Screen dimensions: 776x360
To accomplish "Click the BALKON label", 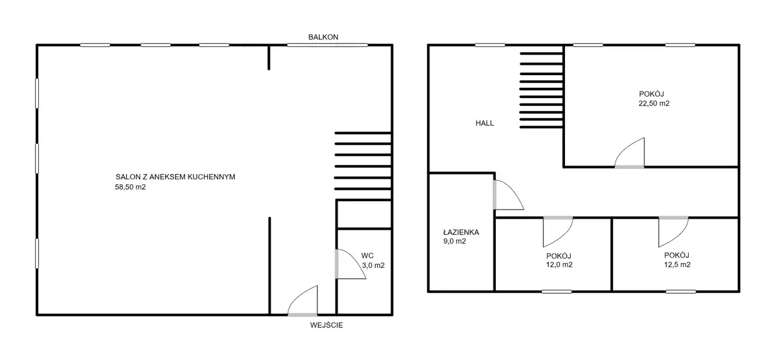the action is (x=323, y=37).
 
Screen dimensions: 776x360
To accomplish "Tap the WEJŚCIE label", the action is (x=326, y=325).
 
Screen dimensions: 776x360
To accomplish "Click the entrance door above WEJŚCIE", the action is (x=303, y=301).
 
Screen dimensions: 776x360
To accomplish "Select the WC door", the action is (x=350, y=264).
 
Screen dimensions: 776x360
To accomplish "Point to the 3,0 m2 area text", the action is (x=373, y=265).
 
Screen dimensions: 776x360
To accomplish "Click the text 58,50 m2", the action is (x=130, y=187).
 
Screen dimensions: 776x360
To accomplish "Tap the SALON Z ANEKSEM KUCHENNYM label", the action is (x=175, y=177).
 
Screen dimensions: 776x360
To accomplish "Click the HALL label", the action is (x=484, y=123).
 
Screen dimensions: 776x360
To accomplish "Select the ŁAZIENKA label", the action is (x=461, y=232).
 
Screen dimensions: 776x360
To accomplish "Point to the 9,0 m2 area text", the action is (x=455, y=241).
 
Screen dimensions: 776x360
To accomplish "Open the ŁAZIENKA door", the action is (x=508, y=195).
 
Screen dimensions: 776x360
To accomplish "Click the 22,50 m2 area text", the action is (x=654, y=104).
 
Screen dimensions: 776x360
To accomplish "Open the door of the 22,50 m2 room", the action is (x=629, y=153).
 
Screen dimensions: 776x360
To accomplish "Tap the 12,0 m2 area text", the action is (x=559, y=265).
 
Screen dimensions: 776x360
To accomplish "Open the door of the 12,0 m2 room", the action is (x=558, y=232).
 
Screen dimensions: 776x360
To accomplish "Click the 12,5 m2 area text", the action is (x=677, y=265).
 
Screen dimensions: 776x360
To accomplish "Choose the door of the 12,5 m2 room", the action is (x=674, y=232).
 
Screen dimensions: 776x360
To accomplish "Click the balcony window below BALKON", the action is (x=327, y=45).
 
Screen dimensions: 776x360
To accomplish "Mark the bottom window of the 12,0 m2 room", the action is (x=557, y=292).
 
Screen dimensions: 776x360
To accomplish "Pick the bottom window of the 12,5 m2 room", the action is (x=681, y=292).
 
